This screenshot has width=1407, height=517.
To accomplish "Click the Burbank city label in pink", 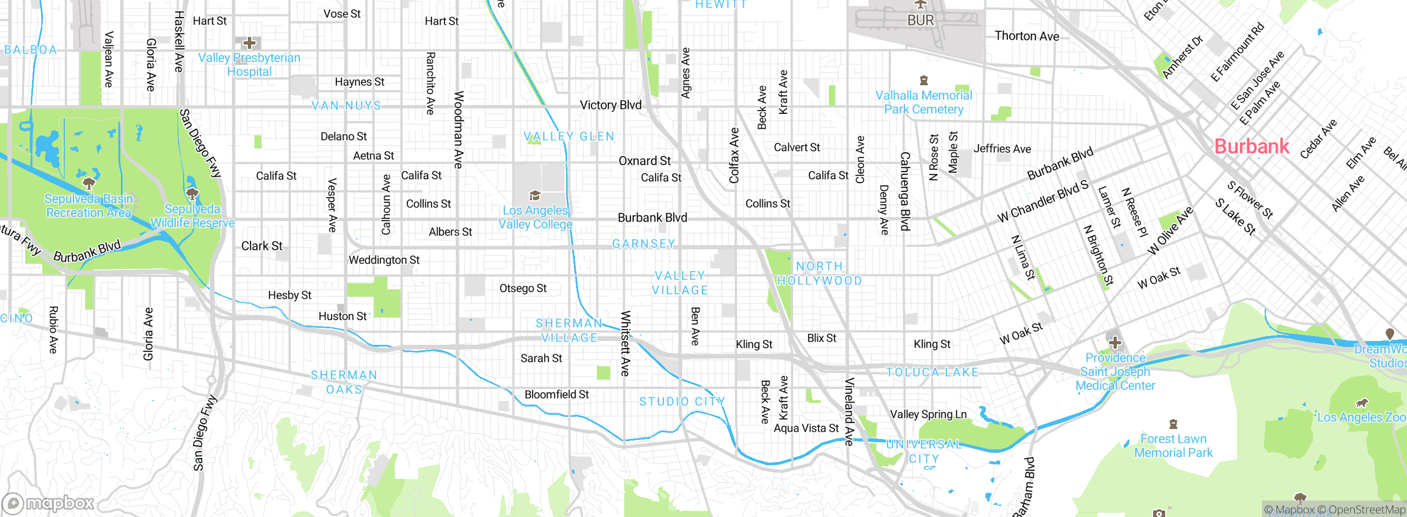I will [x=1251, y=146].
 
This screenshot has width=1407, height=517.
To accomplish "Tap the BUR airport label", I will [x=921, y=20].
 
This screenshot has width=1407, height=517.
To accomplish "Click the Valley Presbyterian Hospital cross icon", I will [x=250, y=43].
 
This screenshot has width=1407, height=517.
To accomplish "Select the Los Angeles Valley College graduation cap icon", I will [x=535, y=196].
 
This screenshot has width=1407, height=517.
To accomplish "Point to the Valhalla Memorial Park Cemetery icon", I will [x=924, y=81].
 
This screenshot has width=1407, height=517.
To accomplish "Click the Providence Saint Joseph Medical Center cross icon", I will [x=1115, y=343].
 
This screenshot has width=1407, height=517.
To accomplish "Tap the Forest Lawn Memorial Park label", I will [x=1173, y=446].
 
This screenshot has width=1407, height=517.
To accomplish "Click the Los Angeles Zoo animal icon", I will [x=1362, y=403].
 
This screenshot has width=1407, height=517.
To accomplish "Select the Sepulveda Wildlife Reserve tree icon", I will [x=192, y=194].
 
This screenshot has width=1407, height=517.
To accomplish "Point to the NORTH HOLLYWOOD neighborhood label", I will [x=819, y=273].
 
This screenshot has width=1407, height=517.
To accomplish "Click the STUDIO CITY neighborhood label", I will [x=682, y=402].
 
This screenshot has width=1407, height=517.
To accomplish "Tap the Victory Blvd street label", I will [x=611, y=105].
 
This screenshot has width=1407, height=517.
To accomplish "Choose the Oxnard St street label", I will [x=644, y=161].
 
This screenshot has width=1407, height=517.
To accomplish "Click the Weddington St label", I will [x=384, y=260].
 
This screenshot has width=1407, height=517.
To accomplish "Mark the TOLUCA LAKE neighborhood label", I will [x=932, y=372].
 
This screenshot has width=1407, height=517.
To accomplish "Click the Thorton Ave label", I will [x=1026, y=36].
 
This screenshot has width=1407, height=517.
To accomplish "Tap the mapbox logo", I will [x=48, y=503].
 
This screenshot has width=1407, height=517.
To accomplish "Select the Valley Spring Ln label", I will [x=928, y=414].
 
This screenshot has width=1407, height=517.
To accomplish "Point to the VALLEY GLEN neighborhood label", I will [x=569, y=136].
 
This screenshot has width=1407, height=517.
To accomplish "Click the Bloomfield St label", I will [x=556, y=394].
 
